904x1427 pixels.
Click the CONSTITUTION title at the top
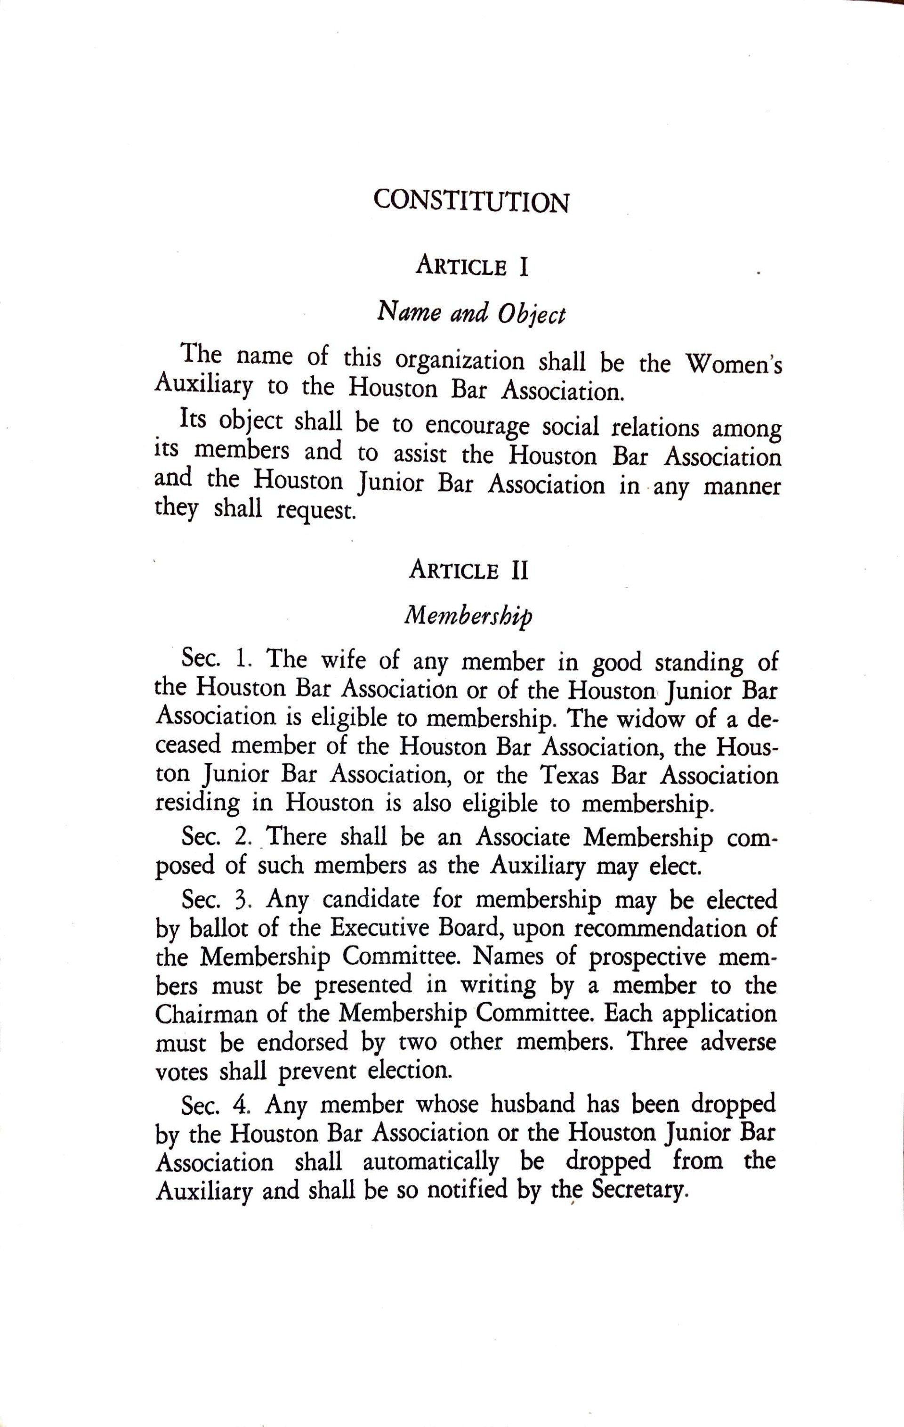coord(471,202)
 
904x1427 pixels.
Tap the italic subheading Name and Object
coord(471,312)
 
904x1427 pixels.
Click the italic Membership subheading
coord(468,616)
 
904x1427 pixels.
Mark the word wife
coord(344,659)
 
